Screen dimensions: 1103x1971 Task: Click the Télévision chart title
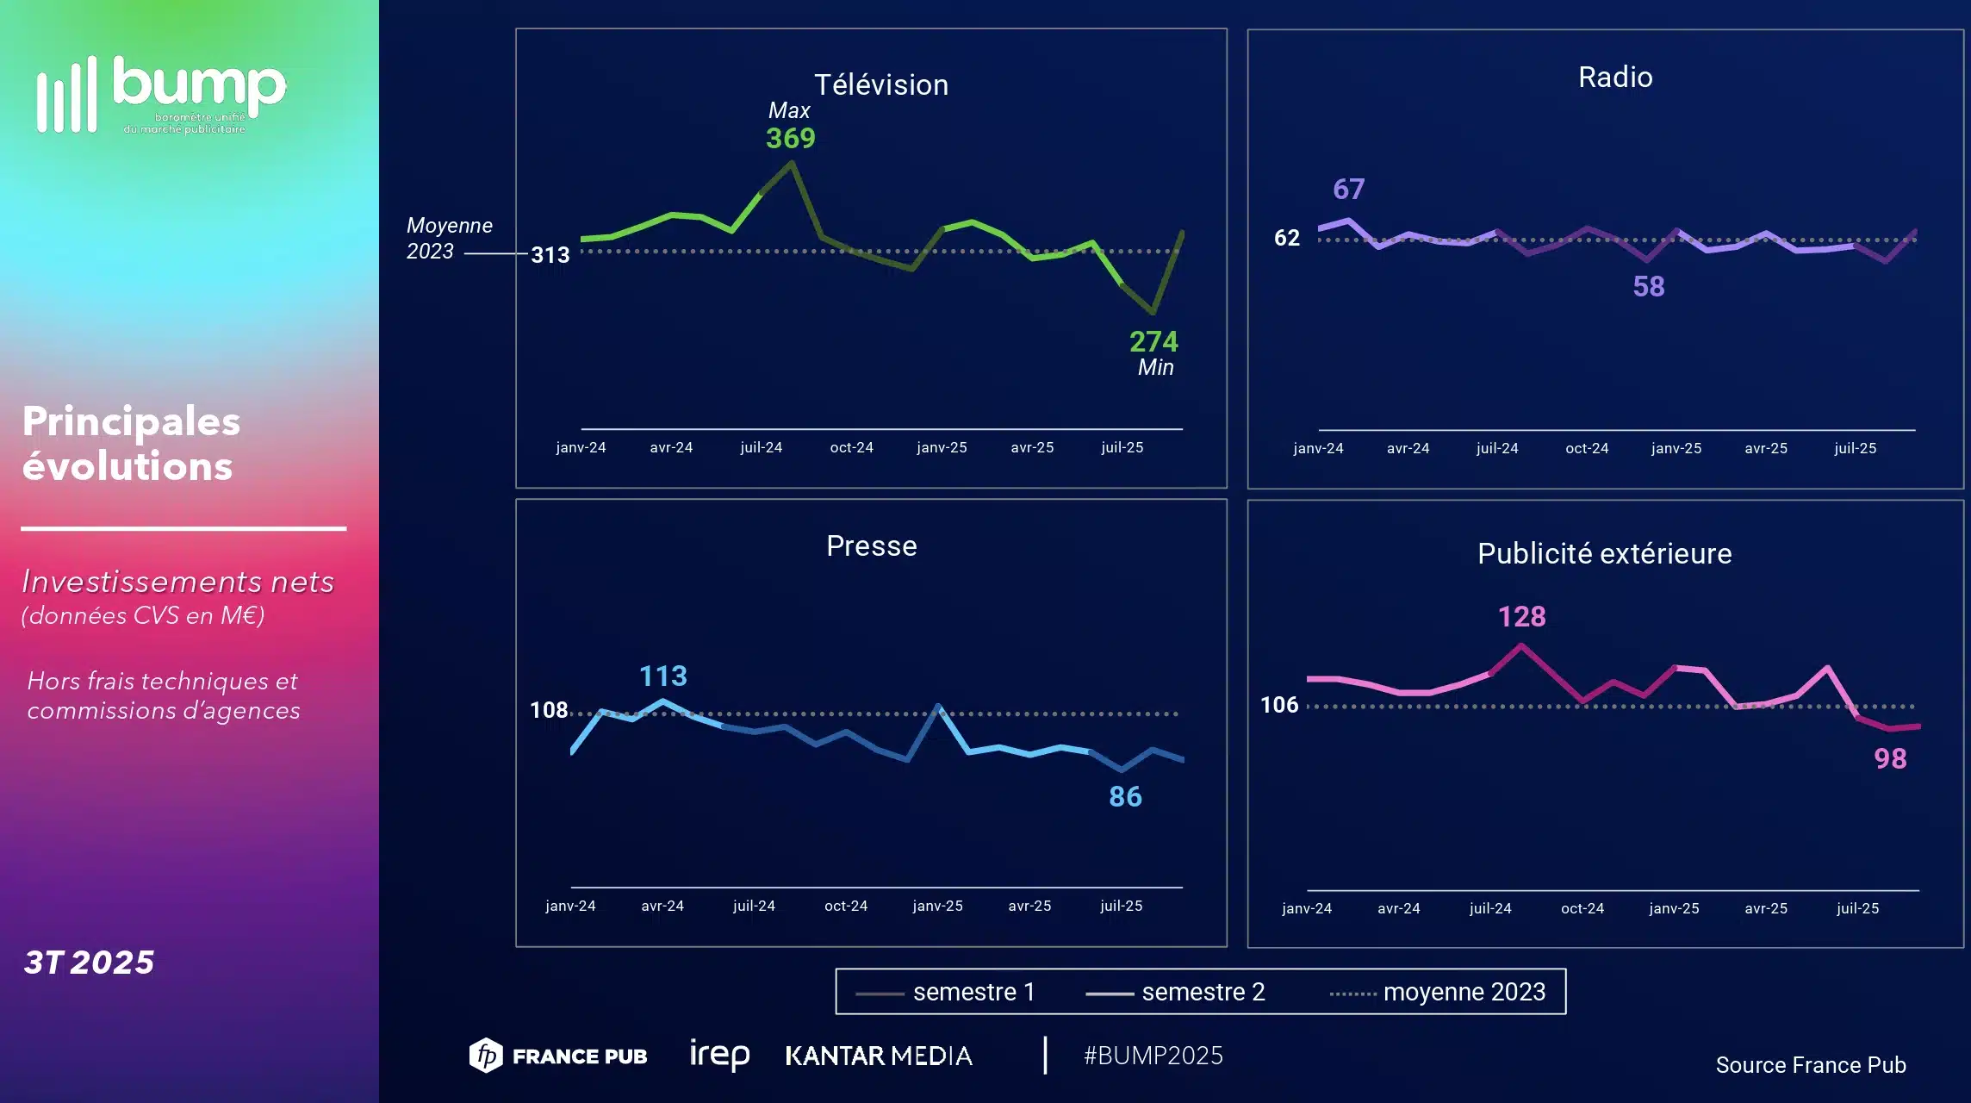[880, 84]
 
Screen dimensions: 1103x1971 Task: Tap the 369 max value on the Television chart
[790, 138]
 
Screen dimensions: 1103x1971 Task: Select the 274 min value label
[1153, 341]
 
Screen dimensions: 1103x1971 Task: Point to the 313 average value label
[550, 255]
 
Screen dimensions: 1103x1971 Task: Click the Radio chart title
[1615, 78]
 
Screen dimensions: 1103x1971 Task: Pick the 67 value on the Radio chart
[1348, 189]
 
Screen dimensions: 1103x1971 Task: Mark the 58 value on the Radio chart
[1648, 286]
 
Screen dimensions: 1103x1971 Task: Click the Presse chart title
[871, 546]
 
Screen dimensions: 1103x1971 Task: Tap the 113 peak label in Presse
[662, 676]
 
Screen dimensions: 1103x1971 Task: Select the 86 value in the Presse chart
[1125, 796]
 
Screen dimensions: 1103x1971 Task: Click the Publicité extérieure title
[1604, 553]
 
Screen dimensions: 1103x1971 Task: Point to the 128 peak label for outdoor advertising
[1521, 616]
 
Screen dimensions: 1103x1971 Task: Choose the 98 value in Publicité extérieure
[1890, 758]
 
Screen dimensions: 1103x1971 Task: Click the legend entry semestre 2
[1203, 992]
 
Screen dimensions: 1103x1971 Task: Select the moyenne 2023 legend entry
[1464, 992]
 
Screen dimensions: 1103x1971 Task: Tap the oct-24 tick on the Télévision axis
[851, 447]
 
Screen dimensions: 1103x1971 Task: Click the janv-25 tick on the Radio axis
[1676, 448]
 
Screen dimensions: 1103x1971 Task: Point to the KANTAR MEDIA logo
[879, 1056]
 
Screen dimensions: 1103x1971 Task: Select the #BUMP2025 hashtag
[1153, 1056]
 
